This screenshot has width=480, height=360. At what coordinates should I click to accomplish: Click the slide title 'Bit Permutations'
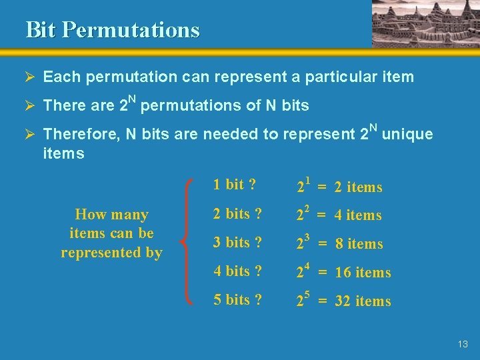pyautogui.click(x=112, y=30)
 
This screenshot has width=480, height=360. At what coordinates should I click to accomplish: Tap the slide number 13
pyautogui.click(x=463, y=344)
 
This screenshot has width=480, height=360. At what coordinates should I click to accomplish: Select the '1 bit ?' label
pyautogui.click(x=235, y=185)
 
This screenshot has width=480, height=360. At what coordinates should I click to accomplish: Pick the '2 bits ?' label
pyautogui.click(x=237, y=214)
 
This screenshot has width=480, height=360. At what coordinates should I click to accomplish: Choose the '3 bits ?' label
pyautogui.click(x=237, y=243)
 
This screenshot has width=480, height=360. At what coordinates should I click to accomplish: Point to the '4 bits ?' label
pyautogui.click(x=237, y=271)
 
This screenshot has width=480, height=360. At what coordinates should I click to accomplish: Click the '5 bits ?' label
pyautogui.click(x=237, y=300)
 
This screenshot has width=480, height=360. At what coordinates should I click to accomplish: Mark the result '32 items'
pyautogui.click(x=363, y=301)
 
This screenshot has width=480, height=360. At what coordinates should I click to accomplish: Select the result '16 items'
pyautogui.click(x=363, y=273)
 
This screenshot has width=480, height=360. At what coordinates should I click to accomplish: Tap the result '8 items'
pyautogui.click(x=359, y=244)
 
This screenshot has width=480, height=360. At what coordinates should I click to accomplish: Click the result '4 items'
pyautogui.click(x=359, y=215)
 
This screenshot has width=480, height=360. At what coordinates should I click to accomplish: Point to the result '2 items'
pyautogui.click(x=359, y=187)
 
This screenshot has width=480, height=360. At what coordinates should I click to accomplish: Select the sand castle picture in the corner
pyautogui.click(x=425, y=23)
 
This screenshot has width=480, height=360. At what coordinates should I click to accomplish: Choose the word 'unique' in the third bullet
pyautogui.click(x=407, y=134)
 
